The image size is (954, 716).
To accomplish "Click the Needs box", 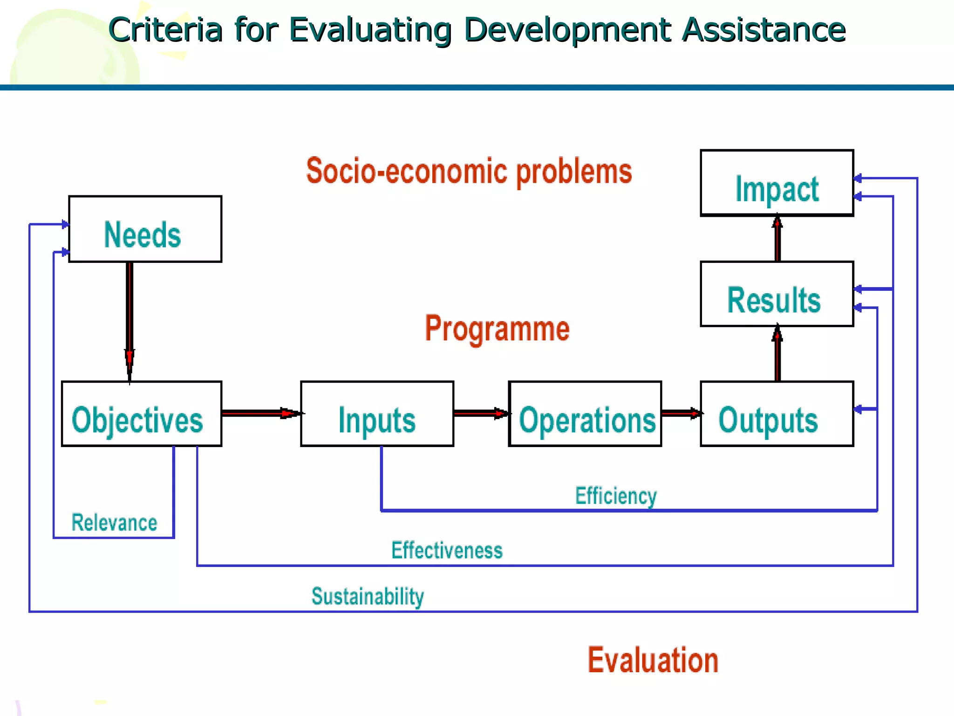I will (145, 229).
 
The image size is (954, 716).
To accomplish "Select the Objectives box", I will (142, 414).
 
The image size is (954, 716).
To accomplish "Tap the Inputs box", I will (377, 414).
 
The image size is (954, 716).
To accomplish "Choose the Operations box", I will (585, 414).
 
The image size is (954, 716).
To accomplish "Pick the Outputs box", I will (777, 414).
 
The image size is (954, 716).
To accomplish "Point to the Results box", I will (777, 294).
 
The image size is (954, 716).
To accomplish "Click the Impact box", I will (777, 183).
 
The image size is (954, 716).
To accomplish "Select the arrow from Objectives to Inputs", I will (261, 413).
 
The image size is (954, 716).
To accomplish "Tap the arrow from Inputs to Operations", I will (481, 413).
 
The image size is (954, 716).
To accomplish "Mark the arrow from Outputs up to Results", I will (777, 354).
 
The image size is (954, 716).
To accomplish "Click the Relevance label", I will (114, 523).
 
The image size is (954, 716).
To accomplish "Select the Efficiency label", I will (616, 496).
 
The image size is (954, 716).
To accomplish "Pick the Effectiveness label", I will (447, 551).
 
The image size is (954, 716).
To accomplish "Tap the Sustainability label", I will (368, 596).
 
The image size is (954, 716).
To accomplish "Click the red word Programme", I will (497, 329).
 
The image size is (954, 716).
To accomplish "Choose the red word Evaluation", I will (653, 660).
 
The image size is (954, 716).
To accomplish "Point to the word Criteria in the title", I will (165, 30).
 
